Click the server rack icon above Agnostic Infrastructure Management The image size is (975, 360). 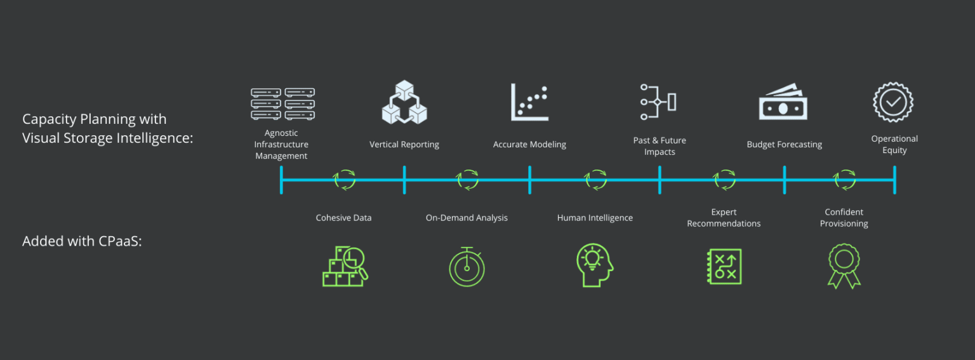point(283,103)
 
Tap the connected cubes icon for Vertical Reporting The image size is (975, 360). point(404,102)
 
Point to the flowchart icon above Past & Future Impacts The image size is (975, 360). point(658,102)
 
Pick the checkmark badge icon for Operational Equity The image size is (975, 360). point(893,102)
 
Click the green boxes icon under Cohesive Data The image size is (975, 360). point(345,267)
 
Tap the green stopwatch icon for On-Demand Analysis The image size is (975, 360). point(467,267)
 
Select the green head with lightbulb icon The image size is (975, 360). point(595,265)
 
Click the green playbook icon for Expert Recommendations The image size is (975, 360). point(724,267)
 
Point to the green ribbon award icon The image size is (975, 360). point(844,266)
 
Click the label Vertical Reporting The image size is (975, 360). point(404,145)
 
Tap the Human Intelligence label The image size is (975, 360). point(595,218)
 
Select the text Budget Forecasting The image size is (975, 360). point(785,145)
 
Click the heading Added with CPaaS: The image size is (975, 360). point(83,241)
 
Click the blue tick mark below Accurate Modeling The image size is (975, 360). point(530,180)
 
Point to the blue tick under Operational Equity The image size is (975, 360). point(894,180)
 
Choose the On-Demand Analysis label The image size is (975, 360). point(467,218)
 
